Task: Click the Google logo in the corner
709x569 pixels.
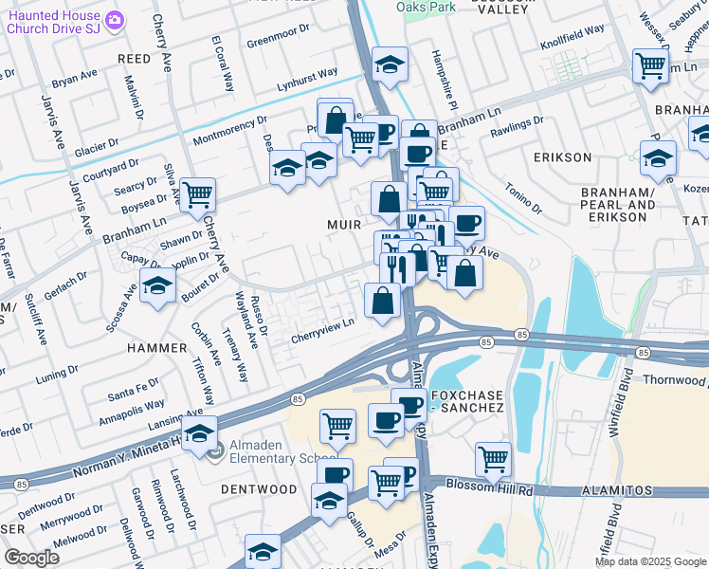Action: [31, 558]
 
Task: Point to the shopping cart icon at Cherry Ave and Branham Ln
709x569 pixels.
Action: [197, 194]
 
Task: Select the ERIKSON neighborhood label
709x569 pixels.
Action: [561, 157]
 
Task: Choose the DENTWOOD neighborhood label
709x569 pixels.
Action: [258, 489]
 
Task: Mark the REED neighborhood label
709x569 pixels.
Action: [134, 59]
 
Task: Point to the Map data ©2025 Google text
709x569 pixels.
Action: [649, 561]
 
